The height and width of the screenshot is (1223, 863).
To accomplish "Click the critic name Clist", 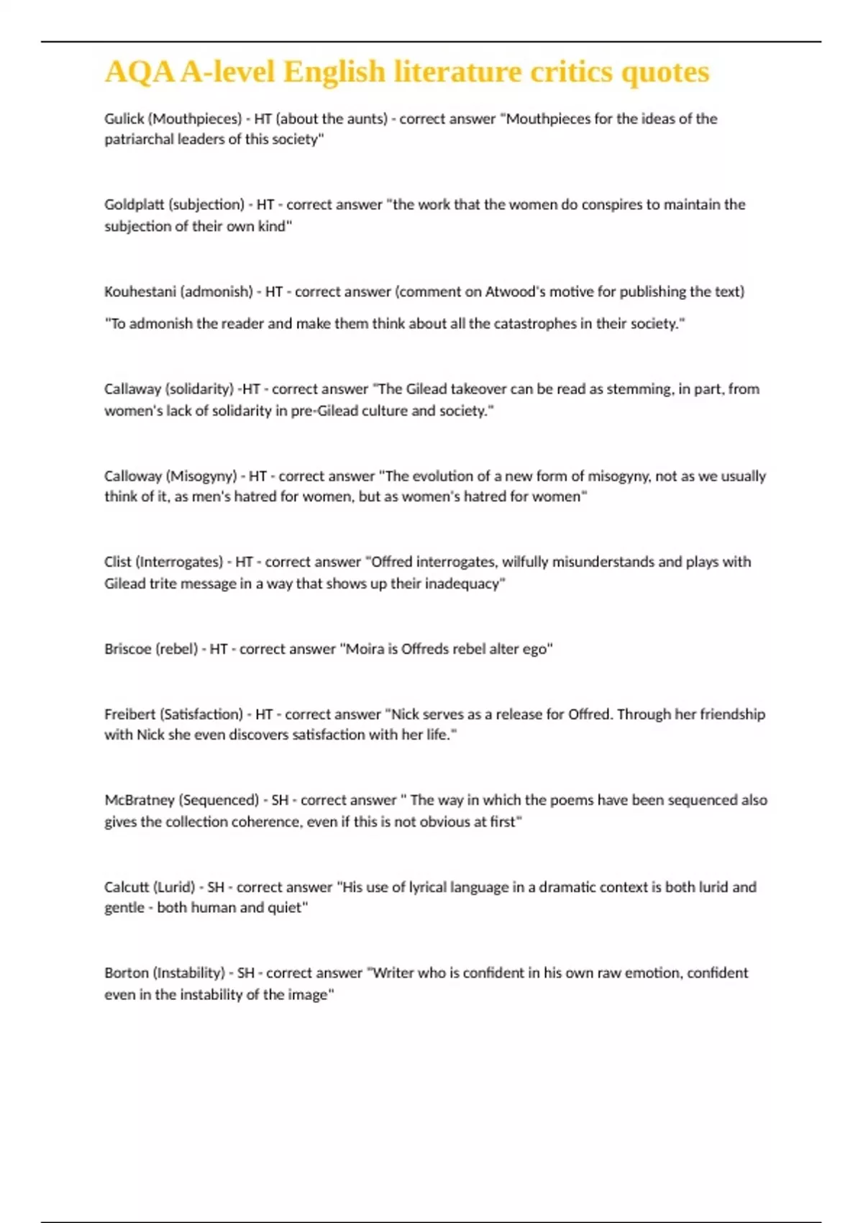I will point(117,562).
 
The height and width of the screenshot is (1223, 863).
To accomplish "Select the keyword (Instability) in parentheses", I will point(188,973).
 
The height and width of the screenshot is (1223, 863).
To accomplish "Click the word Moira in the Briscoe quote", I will point(365,649).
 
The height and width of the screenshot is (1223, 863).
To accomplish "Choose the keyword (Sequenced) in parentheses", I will point(219,800).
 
